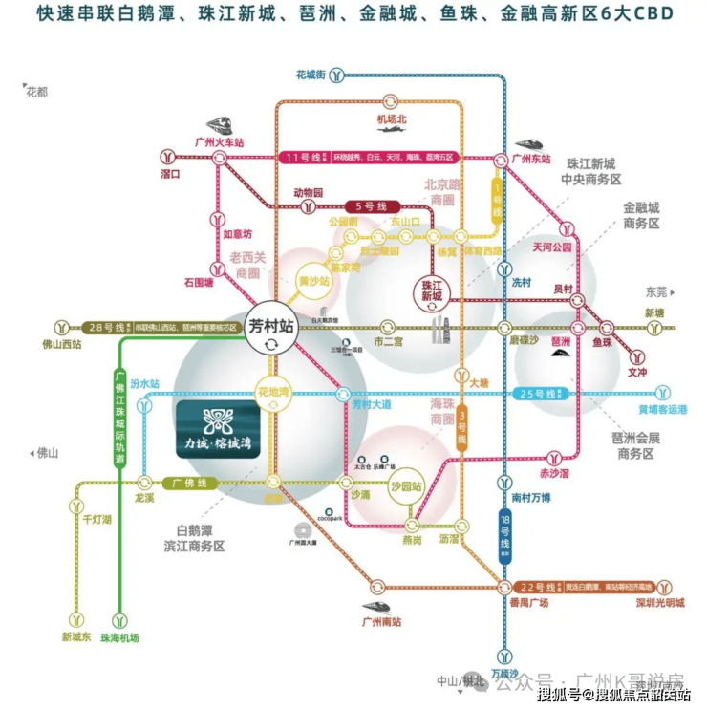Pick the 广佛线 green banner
point(184,483)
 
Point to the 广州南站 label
point(382,622)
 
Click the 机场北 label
point(392,118)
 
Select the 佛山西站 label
point(64,345)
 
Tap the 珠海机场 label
point(119,637)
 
